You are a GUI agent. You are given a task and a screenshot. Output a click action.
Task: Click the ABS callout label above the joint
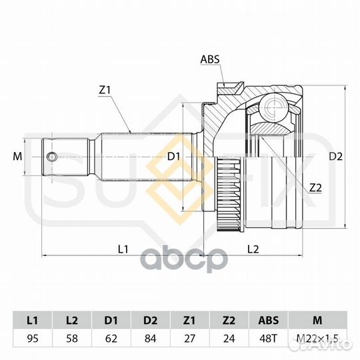(x=209, y=59)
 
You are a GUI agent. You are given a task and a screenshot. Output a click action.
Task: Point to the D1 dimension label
(x=175, y=157)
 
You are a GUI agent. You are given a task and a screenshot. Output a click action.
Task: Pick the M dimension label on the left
(x=17, y=157)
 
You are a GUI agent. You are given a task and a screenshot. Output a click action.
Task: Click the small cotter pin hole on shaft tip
(x=52, y=157)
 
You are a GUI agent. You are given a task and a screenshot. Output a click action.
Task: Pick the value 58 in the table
(x=73, y=338)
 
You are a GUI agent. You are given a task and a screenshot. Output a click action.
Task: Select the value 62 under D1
(x=112, y=338)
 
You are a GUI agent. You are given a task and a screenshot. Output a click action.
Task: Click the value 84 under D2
(x=151, y=338)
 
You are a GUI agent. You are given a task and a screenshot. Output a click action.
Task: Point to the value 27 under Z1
(x=191, y=338)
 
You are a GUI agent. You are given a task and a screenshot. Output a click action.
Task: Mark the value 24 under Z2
(x=229, y=338)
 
